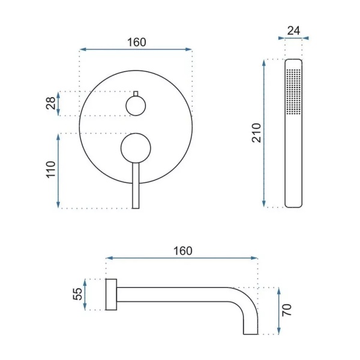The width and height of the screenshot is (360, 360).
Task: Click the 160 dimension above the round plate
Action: [137, 43]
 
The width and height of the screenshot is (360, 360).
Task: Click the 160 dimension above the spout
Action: [183, 251]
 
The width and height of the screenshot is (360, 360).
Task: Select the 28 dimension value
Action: [51, 103]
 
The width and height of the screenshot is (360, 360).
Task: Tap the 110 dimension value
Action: [51, 169]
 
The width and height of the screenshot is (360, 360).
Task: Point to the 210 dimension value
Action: [256, 133]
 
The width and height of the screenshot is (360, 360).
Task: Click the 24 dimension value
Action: [293, 31]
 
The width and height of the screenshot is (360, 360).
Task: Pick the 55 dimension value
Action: [77, 294]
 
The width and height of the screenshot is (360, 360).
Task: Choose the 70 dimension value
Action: [287, 310]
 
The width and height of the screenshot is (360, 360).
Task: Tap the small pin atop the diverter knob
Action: [136, 94]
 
